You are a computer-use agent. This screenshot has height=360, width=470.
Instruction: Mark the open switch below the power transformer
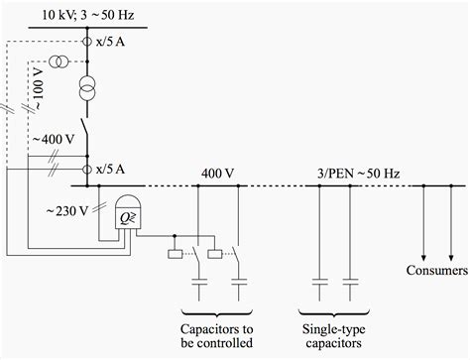tap(88, 132)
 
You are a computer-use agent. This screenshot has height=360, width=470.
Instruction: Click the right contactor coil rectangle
tap(216, 255)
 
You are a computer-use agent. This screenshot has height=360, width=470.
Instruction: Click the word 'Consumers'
tap(437, 271)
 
